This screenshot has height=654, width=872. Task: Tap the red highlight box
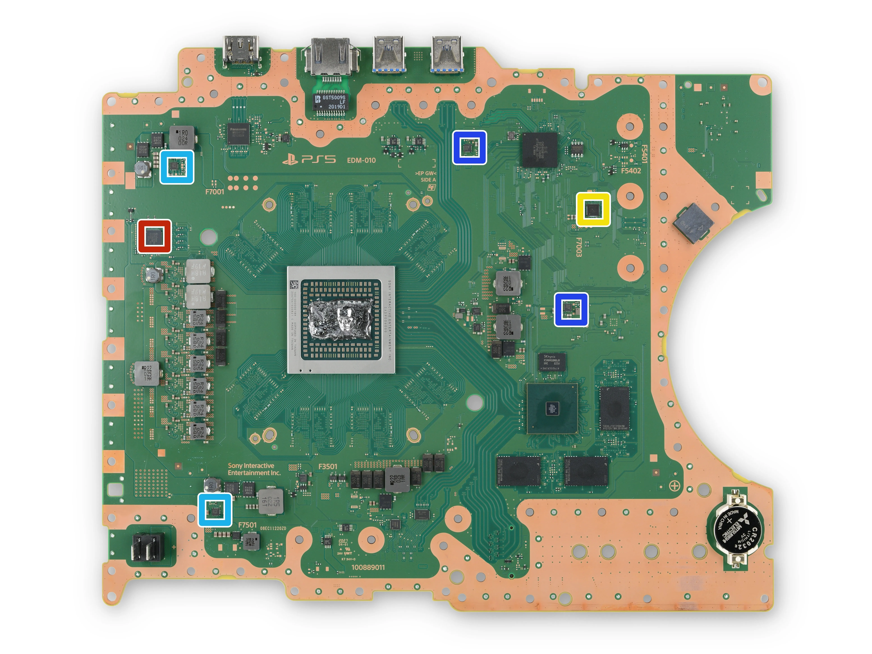click(x=154, y=236)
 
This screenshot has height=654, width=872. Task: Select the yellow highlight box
click(x=593, y=209)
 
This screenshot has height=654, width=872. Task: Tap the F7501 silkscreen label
click(x=247, y=525)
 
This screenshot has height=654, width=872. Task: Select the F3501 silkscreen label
click(x=328, y=466)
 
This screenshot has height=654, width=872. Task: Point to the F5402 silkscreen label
click(x=631, y=171)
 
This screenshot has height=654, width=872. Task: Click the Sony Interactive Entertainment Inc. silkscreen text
click(x=253, y=469)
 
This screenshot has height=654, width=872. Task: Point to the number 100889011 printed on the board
click(x=368, y=567)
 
